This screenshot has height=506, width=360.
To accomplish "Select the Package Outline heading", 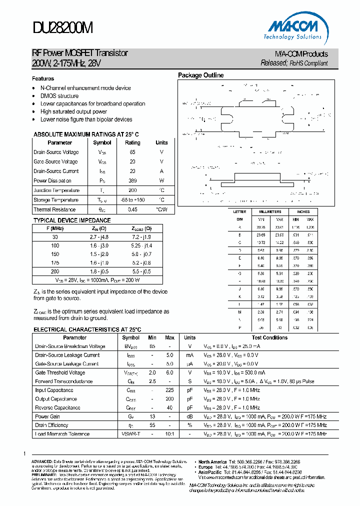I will [x=201, y=75].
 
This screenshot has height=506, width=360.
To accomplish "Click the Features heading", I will [x=43, y=78].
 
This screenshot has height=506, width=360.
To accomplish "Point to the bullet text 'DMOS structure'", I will [x=59, y=96].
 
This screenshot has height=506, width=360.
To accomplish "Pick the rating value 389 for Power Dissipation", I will [x=132, y=181].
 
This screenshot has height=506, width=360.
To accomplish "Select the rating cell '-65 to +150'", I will [x=132, y=200].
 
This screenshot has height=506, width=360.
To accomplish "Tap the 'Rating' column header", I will [x=132, y=142].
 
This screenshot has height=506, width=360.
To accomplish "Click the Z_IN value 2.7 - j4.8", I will [x=99, y=236].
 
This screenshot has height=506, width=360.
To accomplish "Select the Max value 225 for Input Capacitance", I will [x=169, y=390].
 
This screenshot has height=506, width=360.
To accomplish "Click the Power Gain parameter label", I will [x=47, y=416].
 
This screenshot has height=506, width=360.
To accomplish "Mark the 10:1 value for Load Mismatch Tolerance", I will [x=169, y=434].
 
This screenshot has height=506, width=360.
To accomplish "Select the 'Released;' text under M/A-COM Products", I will [x=274, y=63].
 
